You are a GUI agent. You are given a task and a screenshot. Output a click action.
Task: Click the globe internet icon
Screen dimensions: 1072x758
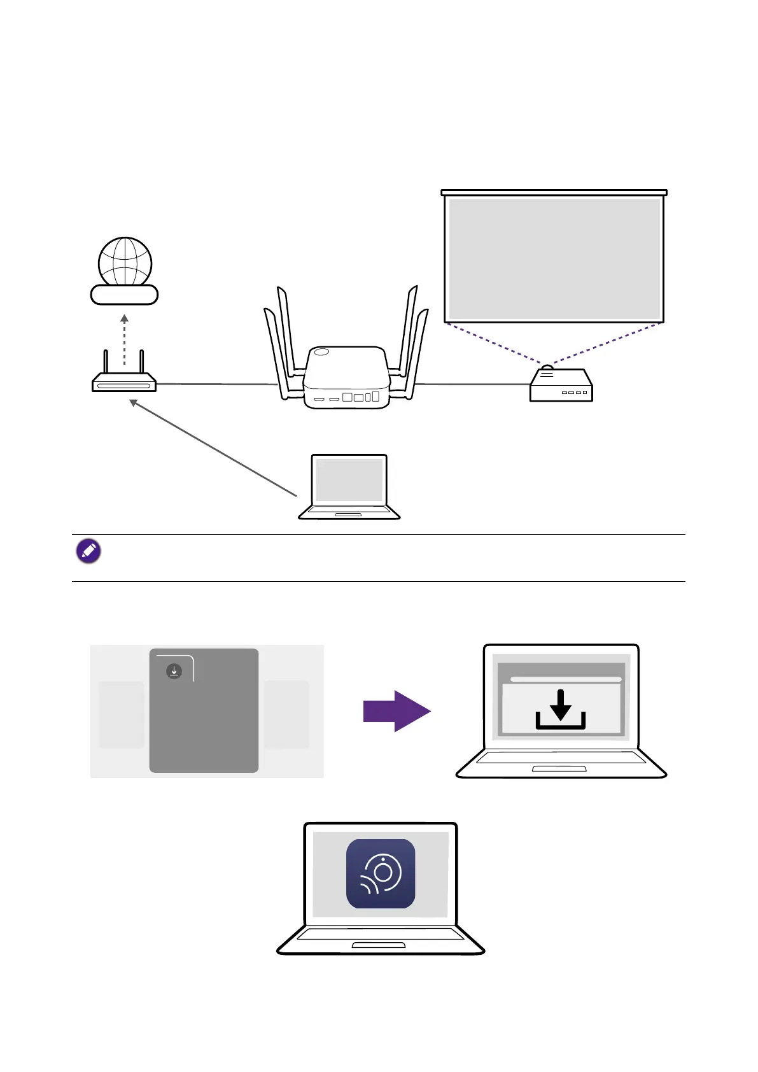tap(125, 261)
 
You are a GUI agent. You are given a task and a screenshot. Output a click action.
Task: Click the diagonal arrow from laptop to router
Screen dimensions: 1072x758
tap(213, 448)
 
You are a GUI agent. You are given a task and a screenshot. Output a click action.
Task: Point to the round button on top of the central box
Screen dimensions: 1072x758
tap(321, 351)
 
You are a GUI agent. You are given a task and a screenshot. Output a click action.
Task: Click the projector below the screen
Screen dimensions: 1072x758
tap(561, 386)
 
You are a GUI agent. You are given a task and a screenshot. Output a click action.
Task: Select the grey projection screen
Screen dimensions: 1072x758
tap(554, 258)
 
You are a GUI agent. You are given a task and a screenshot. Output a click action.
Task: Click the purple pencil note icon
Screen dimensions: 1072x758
tap(88, 551)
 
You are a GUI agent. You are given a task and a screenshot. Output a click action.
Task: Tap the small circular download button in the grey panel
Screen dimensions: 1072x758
tap(174, 671)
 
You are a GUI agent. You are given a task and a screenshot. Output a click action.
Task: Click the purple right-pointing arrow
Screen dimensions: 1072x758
tap(397, 711)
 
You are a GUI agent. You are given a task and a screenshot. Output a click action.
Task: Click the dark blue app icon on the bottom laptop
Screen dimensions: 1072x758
tap(381, 873)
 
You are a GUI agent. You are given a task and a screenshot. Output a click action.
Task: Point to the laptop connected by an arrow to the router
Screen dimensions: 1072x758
tap(349, 488)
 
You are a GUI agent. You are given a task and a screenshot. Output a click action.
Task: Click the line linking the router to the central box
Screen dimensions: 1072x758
tap(216, 384)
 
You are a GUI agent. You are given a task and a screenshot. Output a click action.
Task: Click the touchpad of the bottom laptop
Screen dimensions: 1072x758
tap(379, 946)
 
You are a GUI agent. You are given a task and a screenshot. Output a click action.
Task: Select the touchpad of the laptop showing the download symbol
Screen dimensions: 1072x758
tap(559, 769)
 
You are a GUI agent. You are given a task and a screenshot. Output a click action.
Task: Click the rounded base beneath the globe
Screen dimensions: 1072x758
tap(124, 295)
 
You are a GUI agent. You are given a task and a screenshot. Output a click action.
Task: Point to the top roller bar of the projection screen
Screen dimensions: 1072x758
tap(554, 192)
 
